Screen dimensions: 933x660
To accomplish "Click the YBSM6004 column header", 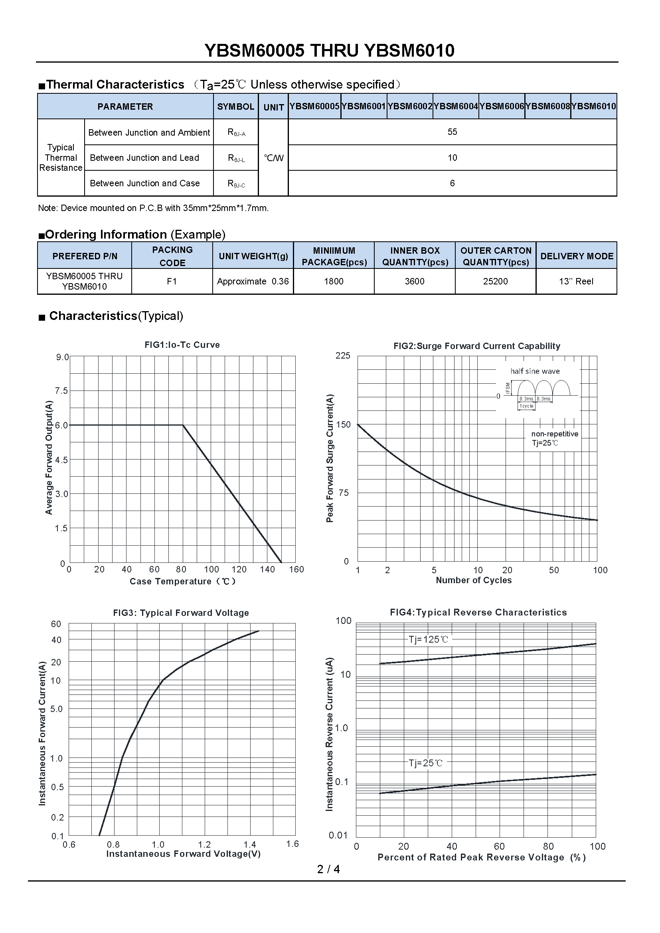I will tap(456, 107).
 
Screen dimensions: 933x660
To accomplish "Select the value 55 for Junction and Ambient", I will tap(453, 132).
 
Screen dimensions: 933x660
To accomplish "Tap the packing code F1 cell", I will tap(172, 281).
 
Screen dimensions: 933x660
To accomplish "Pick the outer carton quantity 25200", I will tap(496, 281).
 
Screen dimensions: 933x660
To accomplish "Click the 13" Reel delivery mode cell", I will tap(576, 281).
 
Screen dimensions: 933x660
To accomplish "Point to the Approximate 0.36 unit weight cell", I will tap(253, 281).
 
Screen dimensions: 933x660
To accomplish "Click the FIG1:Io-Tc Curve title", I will tap(182, 345).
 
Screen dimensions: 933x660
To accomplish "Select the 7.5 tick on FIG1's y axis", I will tap(61, 391).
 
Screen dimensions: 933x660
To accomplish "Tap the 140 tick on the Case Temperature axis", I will tap(267, 569).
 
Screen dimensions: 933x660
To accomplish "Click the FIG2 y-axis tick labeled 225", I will tap(343, 355).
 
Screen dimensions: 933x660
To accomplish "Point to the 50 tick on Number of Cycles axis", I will tap(554, 570).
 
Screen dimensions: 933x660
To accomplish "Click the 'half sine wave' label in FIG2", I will tap(535, 371).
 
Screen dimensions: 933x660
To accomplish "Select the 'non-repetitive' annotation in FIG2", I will tap(554, 434).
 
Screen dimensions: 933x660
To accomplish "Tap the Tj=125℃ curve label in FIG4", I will tap(428, 639).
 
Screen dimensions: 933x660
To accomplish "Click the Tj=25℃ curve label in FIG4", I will tap(425, 763).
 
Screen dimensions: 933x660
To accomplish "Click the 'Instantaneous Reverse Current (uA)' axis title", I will tap(329, 734).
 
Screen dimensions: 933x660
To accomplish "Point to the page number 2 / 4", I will tap(328, 869).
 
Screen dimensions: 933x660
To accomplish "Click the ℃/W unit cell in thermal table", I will tap(273, 158).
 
